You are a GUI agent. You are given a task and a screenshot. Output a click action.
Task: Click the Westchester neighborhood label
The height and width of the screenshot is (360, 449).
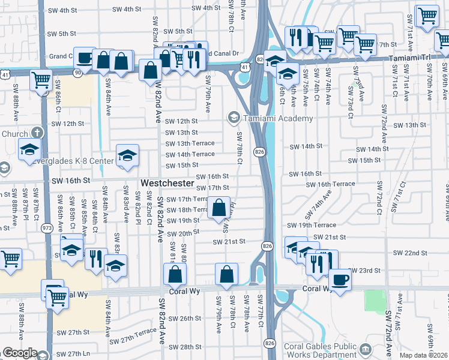[x=167, y=182]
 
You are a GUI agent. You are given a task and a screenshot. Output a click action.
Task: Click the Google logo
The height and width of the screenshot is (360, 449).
[x=20, y=353]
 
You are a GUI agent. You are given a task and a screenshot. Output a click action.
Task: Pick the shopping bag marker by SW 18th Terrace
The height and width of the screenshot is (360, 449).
[x=219, y=208]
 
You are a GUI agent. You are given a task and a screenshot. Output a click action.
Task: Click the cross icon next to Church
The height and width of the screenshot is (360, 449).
[x=37, y=133]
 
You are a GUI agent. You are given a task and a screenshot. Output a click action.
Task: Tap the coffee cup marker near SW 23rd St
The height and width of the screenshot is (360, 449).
[x=340, y=280]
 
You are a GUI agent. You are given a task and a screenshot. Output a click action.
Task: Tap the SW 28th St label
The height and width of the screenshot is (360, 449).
[x=182, y=347]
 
